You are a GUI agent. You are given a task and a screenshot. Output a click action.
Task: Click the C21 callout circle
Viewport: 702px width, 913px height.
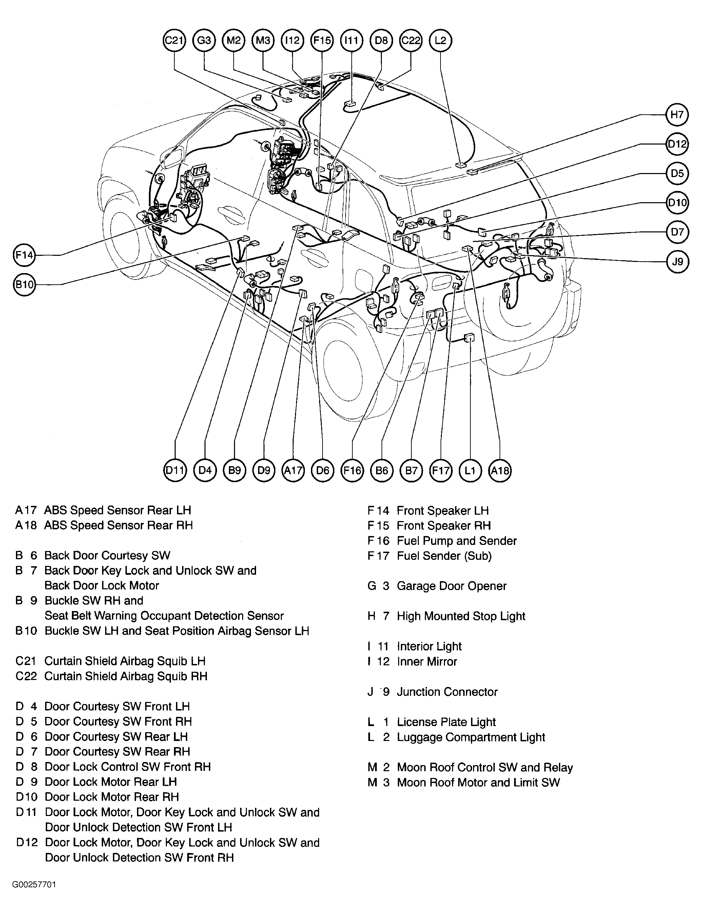pyautogui.click(x=174, y=41)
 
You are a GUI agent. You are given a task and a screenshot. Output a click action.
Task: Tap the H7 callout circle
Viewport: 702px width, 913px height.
pyautogui.click(x=677, y=115)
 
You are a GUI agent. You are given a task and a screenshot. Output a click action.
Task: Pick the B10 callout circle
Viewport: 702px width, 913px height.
pyautogui.click(x=24, y=285)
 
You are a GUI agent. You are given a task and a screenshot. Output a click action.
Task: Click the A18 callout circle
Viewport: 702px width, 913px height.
pyautogui.click(x=500, y=471)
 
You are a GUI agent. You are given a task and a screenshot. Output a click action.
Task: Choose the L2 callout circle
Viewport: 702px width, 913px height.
pyautogui.click(x=441, y=41)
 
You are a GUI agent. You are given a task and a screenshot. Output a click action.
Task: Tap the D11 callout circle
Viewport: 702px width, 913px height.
pyautogui.click(x=175, y=471)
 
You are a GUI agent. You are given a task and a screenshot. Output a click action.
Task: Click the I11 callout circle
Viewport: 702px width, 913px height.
pyautogui.click(x=352, y=41)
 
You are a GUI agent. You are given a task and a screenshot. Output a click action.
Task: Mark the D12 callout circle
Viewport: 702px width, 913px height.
pyautogui.click(x=677, y=144)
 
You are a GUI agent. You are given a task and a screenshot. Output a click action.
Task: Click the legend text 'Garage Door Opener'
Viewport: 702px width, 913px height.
pyautogui.click(x=451, y=586)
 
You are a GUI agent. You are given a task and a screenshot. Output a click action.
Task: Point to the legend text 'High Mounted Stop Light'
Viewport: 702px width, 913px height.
pyautogui.click(x=461, y=616)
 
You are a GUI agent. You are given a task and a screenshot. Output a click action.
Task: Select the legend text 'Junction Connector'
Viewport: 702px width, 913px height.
pyautogui.click(x=447, y=692)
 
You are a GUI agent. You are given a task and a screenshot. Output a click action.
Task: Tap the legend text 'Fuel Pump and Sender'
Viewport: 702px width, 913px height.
pyautogui.click(x=457, y=541)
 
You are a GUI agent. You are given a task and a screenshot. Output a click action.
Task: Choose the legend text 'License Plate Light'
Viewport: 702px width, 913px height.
pyautogui.click(x=446, y=722)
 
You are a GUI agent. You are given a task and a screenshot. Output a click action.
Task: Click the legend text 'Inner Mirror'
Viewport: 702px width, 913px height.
pyautogui.click(x=427, y=661)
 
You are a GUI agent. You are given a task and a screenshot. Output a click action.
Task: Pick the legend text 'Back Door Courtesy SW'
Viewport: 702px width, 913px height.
pyautogui.click(x=108, y=556)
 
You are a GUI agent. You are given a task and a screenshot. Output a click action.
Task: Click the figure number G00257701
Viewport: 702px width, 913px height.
pyautogui.click(x=34, y=885)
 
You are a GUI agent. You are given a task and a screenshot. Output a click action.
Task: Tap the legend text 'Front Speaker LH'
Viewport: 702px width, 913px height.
pyautogui.click(x=443, y=510)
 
